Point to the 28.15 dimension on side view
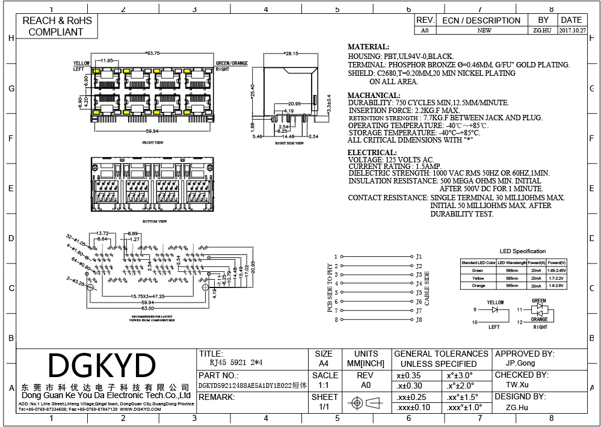291,54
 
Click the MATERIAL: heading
368,47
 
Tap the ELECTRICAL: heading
372,152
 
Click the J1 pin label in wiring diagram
419,257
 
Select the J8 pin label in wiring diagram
419,320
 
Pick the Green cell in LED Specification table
478,271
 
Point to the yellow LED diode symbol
495,310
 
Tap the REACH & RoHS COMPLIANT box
57,26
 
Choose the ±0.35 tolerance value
409,375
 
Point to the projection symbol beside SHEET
366,402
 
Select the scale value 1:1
323,386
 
